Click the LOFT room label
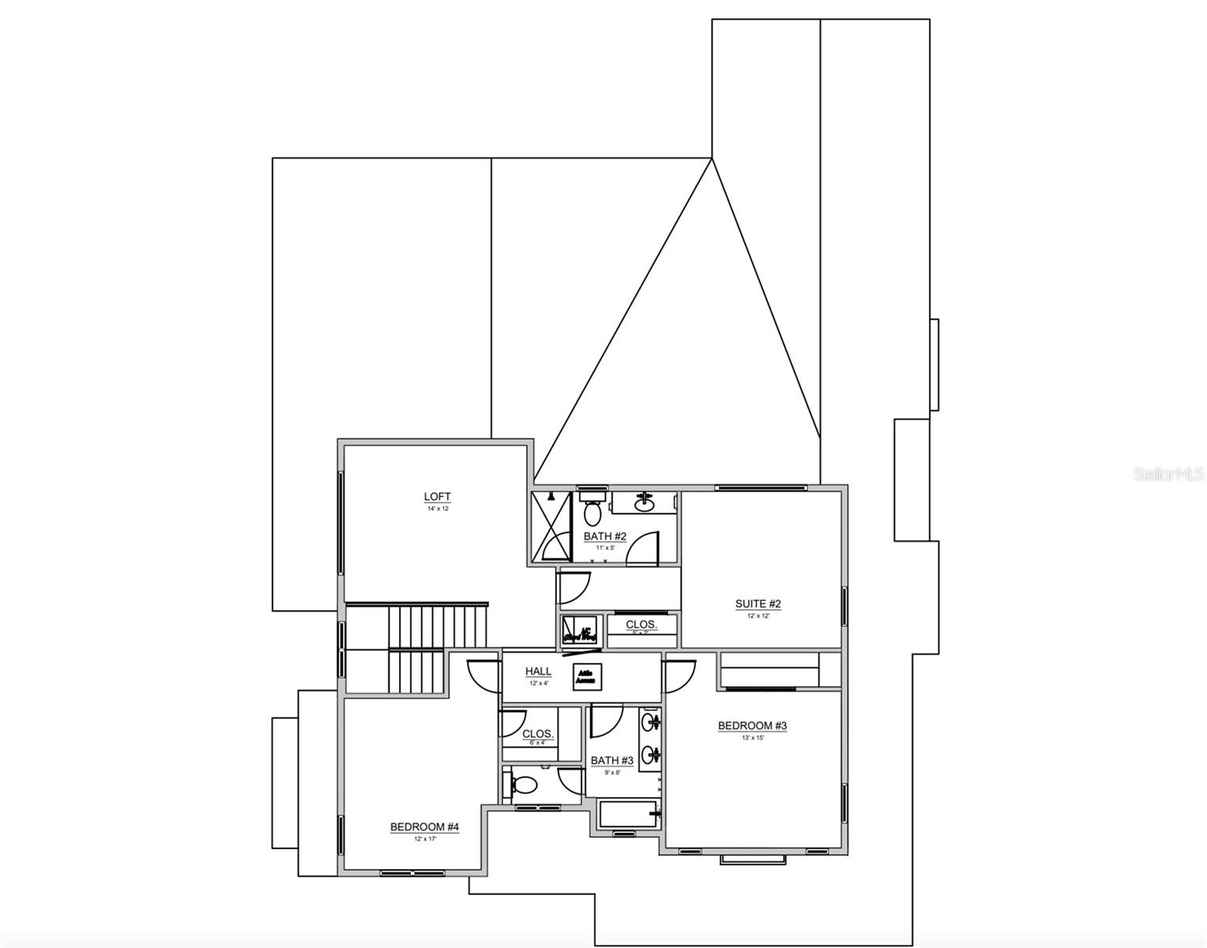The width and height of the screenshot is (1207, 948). pos(437,497)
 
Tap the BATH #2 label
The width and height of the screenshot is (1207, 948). pos(605,536)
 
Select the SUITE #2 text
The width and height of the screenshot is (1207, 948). pos(758,604)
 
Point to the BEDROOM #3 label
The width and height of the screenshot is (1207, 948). pos(752,726)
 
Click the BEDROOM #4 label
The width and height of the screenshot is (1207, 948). pos(424,827)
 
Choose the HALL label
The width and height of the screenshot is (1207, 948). pos(539,671)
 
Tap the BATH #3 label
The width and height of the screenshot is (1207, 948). pos(612,761)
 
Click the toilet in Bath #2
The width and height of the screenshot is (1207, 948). pos(592,512)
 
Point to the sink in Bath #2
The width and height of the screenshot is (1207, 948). pos(645,501)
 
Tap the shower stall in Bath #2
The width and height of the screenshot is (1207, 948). pos(551,526)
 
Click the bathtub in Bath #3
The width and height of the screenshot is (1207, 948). pos(627,814)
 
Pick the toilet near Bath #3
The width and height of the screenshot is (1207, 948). pos(524,784)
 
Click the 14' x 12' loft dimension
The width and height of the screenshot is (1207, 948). pos(437,509)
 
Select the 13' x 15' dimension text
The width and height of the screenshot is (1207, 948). pos(752,738)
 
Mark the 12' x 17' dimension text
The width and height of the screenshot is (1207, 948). pos(424,839)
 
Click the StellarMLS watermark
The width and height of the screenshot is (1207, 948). pos(1168,475)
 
